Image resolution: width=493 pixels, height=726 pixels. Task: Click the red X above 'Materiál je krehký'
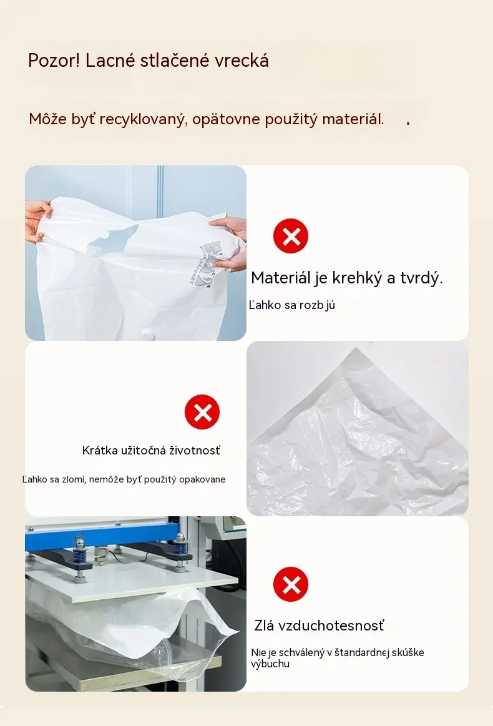(x=291, y=236)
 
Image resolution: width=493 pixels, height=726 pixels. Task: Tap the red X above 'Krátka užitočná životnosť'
(x=202, y=411)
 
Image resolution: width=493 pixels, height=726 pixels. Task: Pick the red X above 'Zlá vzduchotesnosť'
(x=291, y=584)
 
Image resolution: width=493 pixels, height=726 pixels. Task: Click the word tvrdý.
(x=421, y=278)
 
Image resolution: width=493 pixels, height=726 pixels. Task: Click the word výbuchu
(x=270, y=664)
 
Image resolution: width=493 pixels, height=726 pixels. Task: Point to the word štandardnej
(x=361, y=652)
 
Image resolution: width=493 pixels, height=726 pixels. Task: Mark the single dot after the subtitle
(x=408, y=123)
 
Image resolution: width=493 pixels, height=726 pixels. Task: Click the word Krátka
(x=100, y=450)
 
